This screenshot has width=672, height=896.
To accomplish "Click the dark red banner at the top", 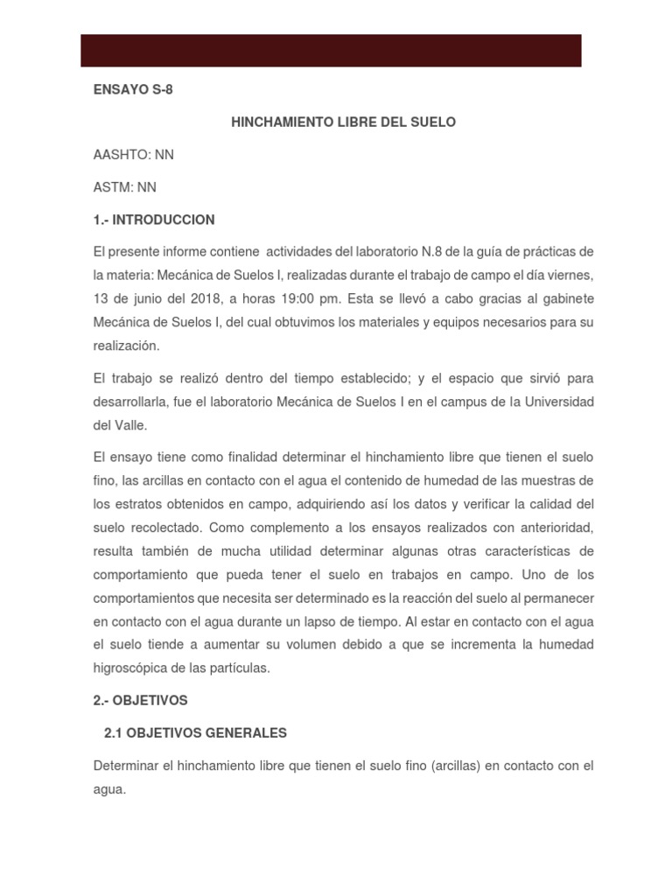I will coord(331,51).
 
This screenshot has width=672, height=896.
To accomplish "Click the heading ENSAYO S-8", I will coord(133,90).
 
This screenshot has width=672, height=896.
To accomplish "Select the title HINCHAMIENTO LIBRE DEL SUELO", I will coord(343,122).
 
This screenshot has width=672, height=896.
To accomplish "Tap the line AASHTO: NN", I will coord(134,155).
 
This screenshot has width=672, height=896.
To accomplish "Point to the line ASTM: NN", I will coord(125,187).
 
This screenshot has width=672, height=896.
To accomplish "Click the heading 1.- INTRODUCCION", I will coord(154,220).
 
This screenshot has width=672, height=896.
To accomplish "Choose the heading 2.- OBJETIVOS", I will coord(141,701).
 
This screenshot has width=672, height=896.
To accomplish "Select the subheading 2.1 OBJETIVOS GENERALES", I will coord(195,733).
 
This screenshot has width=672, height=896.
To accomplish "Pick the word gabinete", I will coord(562,299).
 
